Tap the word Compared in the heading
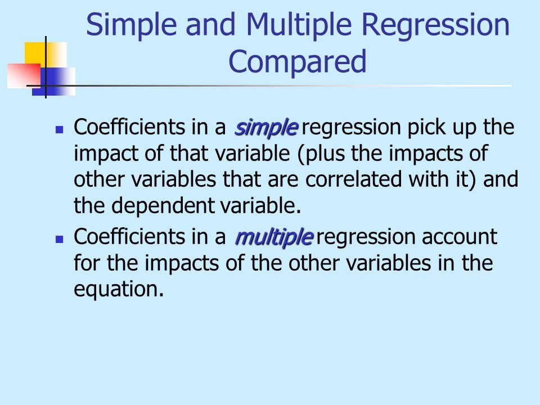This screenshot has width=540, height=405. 298,61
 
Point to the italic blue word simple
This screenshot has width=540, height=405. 265,128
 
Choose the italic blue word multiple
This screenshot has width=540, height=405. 274,237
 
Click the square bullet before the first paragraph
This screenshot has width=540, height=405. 59,130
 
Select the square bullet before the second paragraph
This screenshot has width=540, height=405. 59,240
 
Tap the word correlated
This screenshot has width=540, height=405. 354,179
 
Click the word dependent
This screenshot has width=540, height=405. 163,206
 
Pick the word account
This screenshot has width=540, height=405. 460,237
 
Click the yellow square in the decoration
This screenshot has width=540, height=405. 46,55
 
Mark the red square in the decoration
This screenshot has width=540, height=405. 24,76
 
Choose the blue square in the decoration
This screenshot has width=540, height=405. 53,81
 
